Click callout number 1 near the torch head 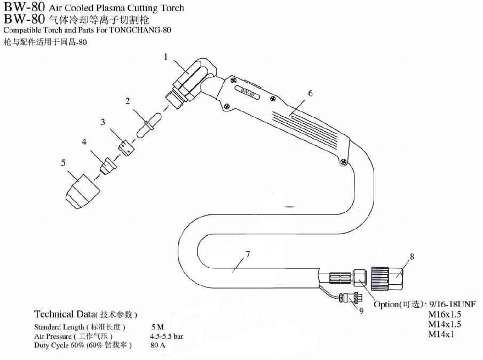pos(166,57)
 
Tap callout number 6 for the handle pos(310,93)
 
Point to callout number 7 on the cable pos(248,254)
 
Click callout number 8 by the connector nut pos(411,257)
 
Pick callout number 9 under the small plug pos(361,311)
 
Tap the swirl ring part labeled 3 pos(126,148)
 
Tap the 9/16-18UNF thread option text pos(449,304)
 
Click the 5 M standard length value pos(157,326)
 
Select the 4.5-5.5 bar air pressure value pos(167,336)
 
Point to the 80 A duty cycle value pos(158,346)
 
